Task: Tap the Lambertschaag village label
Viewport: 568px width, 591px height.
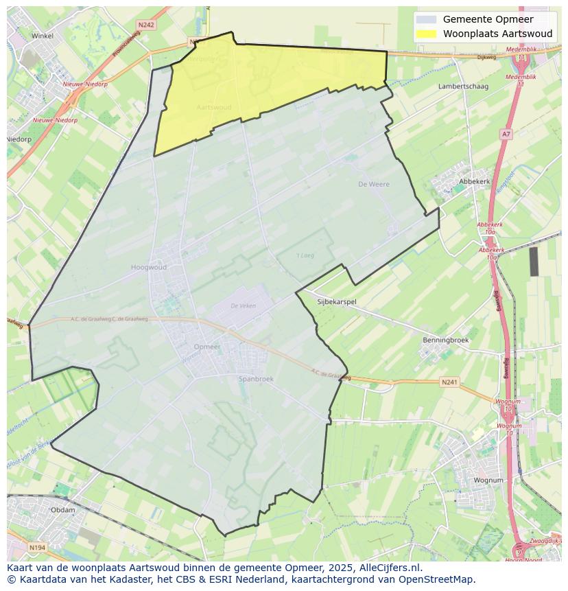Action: [463, 86]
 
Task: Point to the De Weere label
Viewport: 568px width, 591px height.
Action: [374, 184]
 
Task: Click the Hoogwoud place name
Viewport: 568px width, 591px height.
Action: [148, 268]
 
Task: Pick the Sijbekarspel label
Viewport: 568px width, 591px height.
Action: [337, 301]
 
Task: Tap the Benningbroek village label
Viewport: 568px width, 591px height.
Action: [446, 340]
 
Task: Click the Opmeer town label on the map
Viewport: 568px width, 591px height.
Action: [207, 347]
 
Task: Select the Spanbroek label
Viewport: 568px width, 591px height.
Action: [256, 379]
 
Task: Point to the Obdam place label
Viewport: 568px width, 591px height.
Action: [63, 510]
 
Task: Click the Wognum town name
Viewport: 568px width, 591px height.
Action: [488, 480]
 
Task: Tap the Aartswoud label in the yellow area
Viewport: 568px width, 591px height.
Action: [214, 108]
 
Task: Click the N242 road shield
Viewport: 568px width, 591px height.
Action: [146, 25]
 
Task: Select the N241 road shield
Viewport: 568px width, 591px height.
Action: [449, 382]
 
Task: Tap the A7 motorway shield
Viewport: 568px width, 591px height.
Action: [506, 134]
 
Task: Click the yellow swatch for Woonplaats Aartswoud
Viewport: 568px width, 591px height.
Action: [425, 34]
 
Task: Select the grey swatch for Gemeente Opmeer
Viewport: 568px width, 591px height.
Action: [425, 19]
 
